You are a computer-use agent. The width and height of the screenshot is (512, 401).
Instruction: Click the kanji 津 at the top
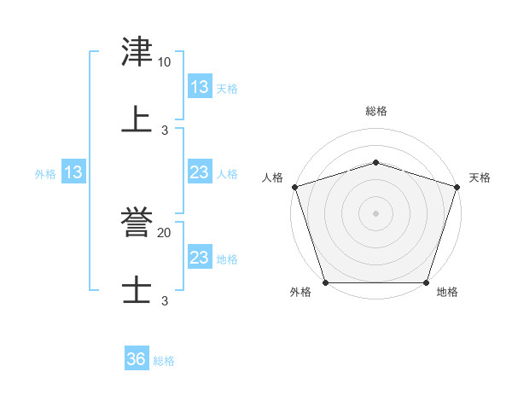click(137, 53)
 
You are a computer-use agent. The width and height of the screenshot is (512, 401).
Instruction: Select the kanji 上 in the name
click(137, 119)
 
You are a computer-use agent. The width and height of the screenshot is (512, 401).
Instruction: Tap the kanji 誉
click(137, 224)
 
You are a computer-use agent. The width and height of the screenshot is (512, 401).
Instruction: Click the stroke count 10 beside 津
click(164, 62)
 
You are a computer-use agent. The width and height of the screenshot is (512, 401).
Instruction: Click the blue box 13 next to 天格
click(200, 87)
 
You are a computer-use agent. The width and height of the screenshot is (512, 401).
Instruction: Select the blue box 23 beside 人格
click(200, 172)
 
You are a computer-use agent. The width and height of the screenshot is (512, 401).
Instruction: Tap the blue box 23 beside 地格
click(200, 258)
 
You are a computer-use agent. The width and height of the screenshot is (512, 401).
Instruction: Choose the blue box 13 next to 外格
click(73, 172)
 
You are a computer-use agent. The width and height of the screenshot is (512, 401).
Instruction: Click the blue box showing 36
click(137, 359)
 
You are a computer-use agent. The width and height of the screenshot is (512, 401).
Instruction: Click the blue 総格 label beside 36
click(164, 361)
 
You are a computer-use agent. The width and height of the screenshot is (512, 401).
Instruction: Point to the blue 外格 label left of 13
click(45, 173)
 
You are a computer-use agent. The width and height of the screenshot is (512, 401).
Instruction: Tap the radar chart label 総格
click(375, 111)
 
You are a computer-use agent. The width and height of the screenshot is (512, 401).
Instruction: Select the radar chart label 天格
click(480, 177)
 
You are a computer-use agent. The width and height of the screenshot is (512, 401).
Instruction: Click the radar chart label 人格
click(272, 177)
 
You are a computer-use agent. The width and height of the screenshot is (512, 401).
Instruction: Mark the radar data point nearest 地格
click(426, 282)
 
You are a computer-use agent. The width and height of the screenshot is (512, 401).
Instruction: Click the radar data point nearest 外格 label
click(325, 282)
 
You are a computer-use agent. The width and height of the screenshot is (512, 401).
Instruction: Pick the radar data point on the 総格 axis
click(375, 162)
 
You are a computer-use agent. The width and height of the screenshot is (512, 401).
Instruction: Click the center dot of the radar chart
click(375, 213)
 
